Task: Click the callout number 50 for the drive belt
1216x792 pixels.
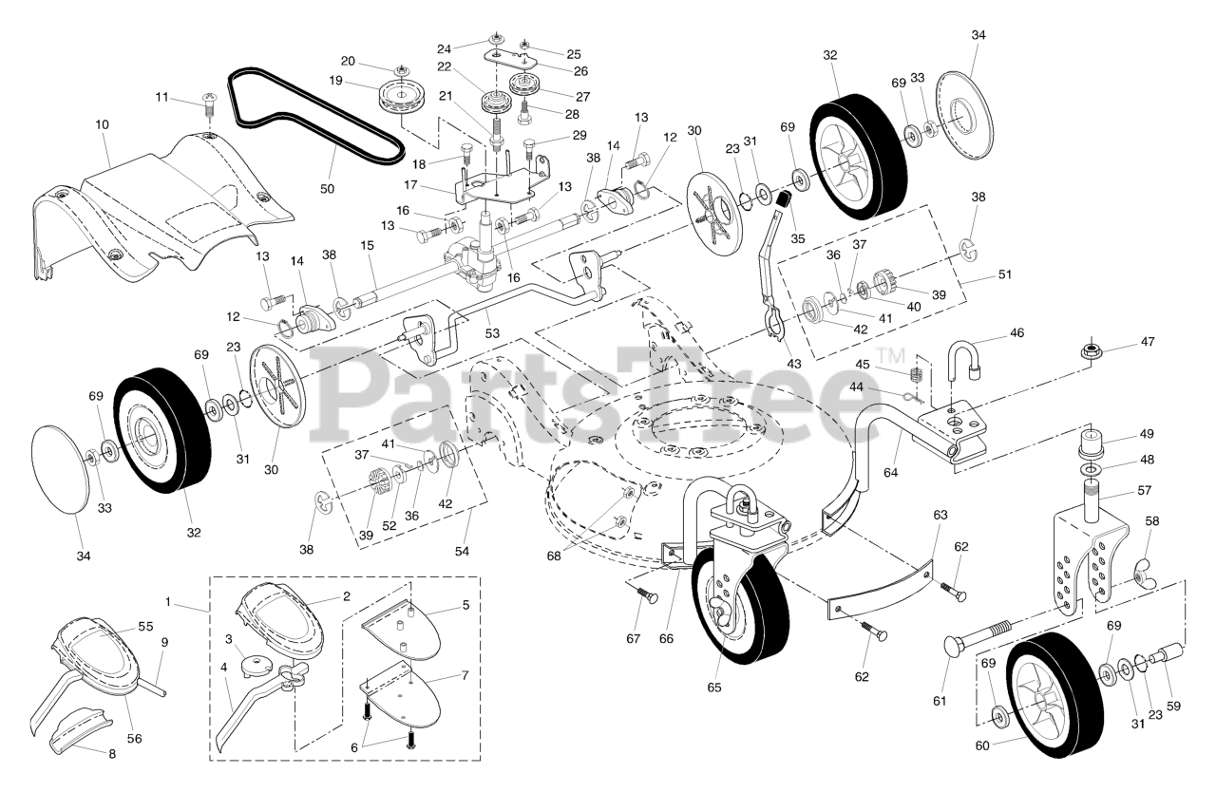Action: [327, 189]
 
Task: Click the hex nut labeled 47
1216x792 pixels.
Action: [1092, 352]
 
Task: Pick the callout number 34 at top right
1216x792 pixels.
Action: [978, 35]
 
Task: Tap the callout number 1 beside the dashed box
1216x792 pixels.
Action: [168, 602]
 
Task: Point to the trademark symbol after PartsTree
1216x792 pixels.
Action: [891, 356]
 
